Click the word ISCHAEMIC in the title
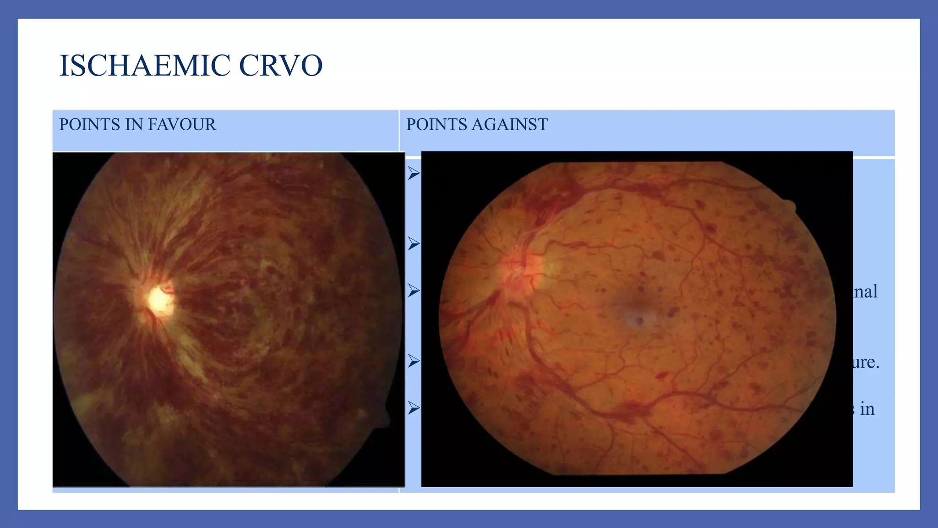145,66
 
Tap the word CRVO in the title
281,66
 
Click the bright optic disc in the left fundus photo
159,300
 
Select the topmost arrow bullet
414,173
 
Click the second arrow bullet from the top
414,244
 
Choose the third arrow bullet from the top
414,291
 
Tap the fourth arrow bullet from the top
414,361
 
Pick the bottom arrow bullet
414,408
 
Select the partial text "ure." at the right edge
866,363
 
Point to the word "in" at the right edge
867,409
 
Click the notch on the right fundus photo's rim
790,206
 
